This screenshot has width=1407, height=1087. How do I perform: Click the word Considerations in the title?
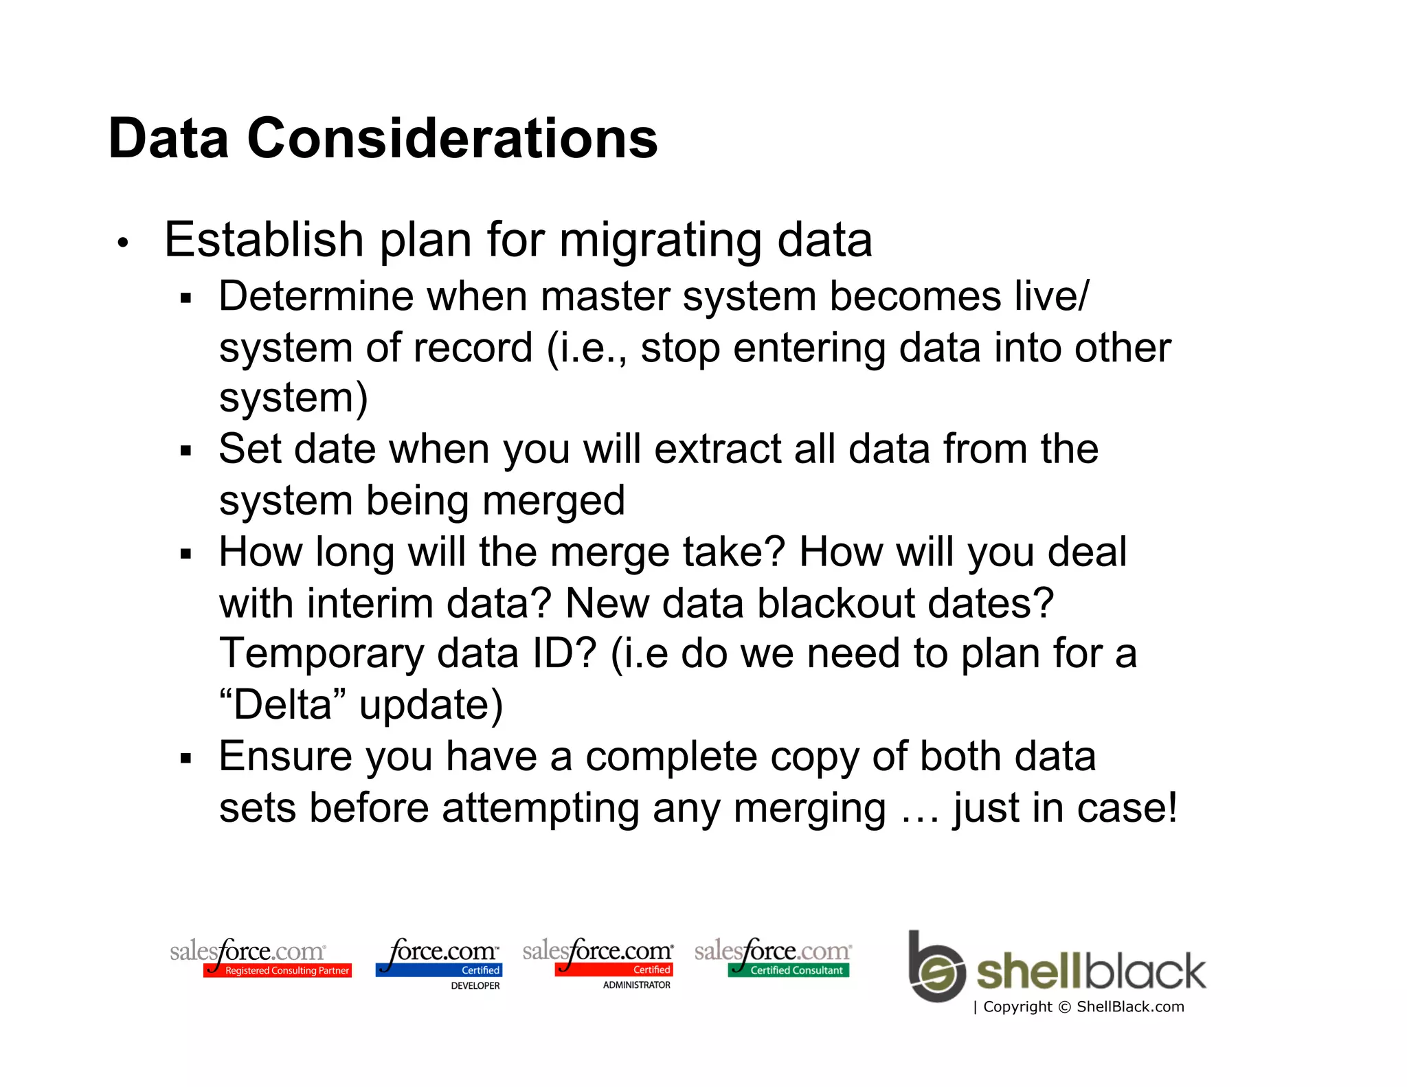point(451,138)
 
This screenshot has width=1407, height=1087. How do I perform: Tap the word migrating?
point(660,242)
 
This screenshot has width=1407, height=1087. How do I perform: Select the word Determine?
point(317,296)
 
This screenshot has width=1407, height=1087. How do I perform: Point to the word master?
point(605,296)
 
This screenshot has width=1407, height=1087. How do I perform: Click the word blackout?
point(835,603)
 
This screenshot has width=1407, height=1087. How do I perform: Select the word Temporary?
point(322,654)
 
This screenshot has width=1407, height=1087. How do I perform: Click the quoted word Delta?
point(282,705)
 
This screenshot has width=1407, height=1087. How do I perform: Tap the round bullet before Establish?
point(123,243)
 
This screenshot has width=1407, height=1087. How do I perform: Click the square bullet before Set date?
point(185,451)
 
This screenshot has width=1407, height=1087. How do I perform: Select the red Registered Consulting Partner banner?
point(278,970)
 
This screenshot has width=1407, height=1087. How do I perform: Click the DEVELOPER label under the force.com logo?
point(475,985)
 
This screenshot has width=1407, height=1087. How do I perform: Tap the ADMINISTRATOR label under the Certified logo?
point(636,985)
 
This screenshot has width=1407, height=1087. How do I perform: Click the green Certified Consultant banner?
point(789,970)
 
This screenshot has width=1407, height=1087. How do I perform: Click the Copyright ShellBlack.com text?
point(1082,1007)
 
